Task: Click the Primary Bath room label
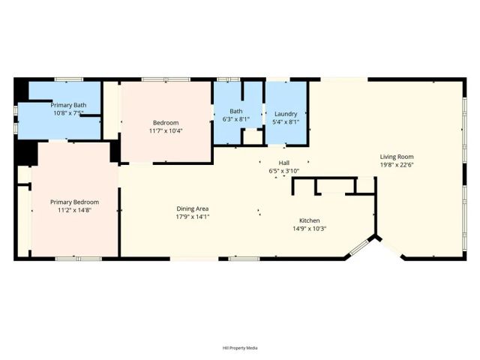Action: click(x=68, y=105)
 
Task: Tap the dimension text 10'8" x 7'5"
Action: click(x=68, y=113)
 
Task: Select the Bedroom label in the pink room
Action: click(x=166, y=122)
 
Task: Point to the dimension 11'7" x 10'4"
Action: click(x=166, y=130)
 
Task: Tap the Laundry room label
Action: click(x=286, y=114)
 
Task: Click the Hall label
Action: click(x=284, y=163)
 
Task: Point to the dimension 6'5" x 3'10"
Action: click(x=284, y=171)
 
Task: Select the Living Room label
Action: click(x=397, y=157)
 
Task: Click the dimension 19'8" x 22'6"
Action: click(x=397, y=166)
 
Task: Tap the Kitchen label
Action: click(x=310, y=220)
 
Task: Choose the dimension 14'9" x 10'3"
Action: click(x=310, y=229)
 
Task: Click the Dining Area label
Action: click(x=192, y=208)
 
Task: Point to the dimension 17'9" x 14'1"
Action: click(x=192, y=217)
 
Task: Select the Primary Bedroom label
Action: click(x=74, y=202)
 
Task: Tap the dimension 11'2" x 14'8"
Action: click(x=74, y=210)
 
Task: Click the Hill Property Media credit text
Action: click(x=240, y=348)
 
